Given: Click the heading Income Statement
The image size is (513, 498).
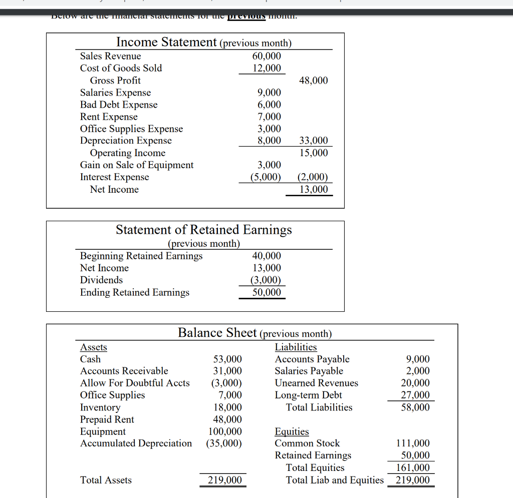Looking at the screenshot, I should pyautogui.click(x=166, y=42).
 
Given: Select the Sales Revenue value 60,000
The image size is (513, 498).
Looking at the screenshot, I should pyautogui.click(x=267, y=56).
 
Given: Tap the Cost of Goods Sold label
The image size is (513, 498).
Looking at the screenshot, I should pyautogui.click(x=121, y=68).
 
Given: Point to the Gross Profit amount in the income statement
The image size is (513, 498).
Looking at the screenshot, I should pyautogui.click(x=313, y=81).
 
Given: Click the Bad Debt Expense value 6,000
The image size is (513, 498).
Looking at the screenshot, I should pyautogui.click(x=269, y=105).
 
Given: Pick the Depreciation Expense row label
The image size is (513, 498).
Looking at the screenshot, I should pyautogui.click(x=126, y=141).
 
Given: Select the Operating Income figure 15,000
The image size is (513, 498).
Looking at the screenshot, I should pyautogui.click(x=313, y=153).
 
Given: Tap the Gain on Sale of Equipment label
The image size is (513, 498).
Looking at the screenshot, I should pyautogui.click(x=136, y=165).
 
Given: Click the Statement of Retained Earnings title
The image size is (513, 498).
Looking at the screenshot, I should pyautogui.click(x=203, y=230).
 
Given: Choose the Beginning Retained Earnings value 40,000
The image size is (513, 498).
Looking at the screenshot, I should pyautogui.click(x=267, y=256).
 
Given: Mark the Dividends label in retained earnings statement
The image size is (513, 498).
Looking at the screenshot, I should pyautogui.click(x=101, y=280).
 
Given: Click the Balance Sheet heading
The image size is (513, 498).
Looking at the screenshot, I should pyautogui.click(x=217, y=333).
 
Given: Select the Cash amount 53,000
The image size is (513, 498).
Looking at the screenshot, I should pyautogui.click(x=227, y=359).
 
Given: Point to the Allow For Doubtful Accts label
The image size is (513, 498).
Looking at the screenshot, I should pyautogui.click(x=135, y=383).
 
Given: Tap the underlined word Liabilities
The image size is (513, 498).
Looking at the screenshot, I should pyautogui.click(x=296, y=347).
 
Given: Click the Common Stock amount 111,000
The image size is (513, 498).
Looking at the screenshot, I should pyautogui.click(x=413, y=443).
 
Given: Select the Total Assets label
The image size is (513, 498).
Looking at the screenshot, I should pyautogui.click(x=106, y=480).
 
